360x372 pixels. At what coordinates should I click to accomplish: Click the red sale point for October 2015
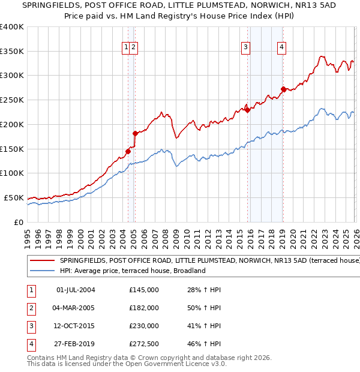(247, 109)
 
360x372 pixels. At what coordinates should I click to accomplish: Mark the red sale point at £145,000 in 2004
(128, 151)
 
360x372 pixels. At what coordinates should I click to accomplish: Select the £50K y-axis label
(14, 197)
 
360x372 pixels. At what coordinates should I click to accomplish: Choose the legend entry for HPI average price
(132, 271)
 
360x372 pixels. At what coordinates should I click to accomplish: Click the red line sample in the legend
(42, 261)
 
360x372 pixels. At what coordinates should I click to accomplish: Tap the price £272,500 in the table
(144, 344)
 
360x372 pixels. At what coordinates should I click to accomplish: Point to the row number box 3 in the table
(31, 326)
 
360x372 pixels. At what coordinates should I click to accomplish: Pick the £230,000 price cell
(144, 326)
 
